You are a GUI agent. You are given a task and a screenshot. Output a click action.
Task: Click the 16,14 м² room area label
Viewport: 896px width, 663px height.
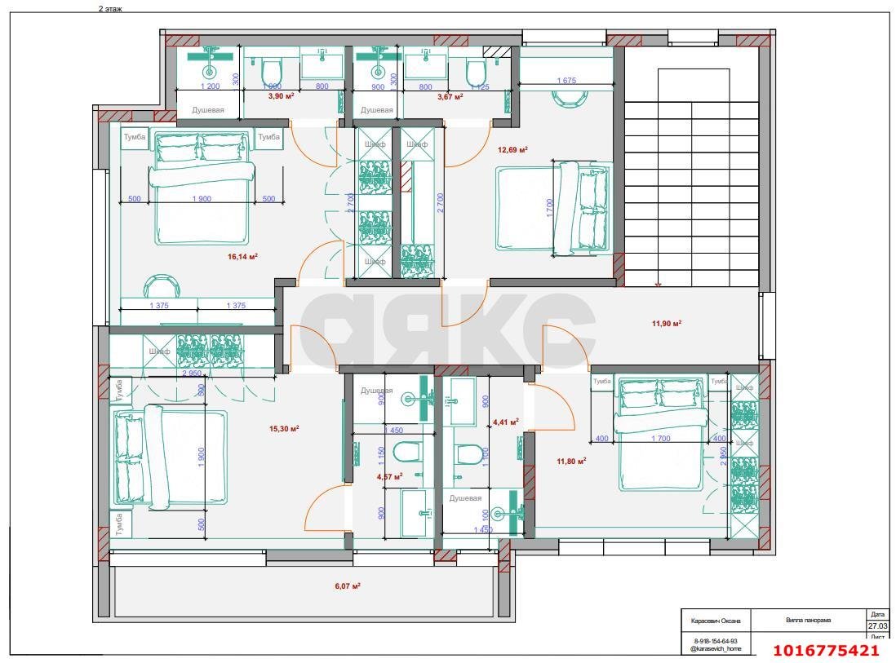242,256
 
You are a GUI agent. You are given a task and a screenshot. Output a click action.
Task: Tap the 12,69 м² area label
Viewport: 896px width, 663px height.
512,149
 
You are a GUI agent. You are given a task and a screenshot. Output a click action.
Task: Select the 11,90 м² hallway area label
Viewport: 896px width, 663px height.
666,323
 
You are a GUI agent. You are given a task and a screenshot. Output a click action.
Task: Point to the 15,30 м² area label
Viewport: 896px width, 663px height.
284,429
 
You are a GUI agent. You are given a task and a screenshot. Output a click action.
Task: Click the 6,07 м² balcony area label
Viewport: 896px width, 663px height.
348,586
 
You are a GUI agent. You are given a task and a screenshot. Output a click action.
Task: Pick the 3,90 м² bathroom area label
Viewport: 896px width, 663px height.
282,96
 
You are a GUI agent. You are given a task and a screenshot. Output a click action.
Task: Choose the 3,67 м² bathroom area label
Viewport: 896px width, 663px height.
450,96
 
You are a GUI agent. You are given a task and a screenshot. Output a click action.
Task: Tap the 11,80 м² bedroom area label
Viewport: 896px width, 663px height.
571,462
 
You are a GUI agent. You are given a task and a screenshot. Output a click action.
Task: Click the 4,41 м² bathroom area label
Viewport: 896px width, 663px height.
505,422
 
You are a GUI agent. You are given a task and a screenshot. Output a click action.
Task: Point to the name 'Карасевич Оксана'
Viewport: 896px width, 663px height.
716,621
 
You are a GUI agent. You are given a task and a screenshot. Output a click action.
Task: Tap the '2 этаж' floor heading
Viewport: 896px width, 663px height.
111,7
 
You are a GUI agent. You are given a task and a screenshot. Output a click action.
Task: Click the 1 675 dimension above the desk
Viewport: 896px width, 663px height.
567,81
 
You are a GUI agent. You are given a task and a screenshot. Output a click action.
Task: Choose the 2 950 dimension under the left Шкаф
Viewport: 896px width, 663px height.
192,373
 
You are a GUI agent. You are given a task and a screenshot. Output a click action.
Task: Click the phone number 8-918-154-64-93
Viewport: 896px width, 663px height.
716,641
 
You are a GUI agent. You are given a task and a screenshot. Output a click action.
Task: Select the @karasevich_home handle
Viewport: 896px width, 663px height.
716,648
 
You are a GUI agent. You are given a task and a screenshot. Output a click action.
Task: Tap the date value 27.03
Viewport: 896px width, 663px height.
877,625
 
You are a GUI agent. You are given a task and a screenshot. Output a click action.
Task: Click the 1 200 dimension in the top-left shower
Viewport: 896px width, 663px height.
211,86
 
